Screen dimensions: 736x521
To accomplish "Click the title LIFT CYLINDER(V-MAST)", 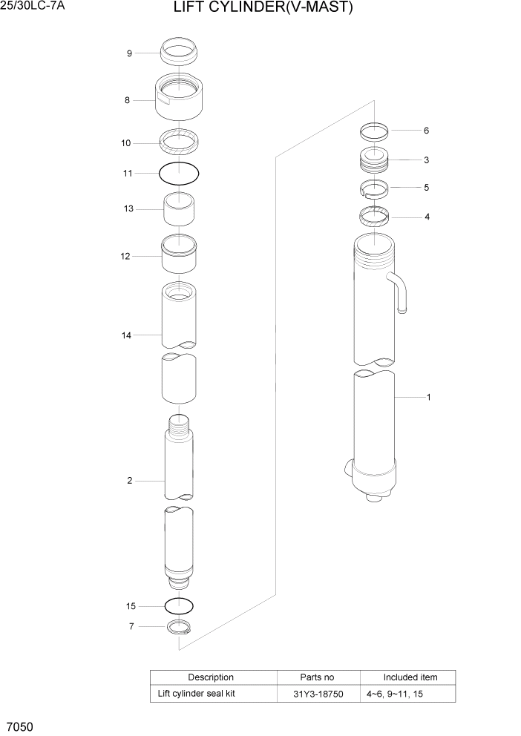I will pos(263,9).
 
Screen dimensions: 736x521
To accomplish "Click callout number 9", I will pos(129,53).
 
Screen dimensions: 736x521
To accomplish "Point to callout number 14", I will pos(126,335).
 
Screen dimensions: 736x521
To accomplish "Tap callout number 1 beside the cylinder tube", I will pos(428,397).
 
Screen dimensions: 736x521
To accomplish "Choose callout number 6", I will pos(426,131).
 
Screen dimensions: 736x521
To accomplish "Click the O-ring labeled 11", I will pos(179,174).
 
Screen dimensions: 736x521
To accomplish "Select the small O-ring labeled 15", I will pos(179,605).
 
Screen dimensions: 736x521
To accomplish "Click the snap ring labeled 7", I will pos(179,627).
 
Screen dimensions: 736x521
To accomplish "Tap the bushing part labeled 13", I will pos(179,209).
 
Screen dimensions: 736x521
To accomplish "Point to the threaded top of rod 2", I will pos(179,428).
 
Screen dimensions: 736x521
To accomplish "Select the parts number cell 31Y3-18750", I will pos(318,694).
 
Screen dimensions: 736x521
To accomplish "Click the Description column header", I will pos(211,677).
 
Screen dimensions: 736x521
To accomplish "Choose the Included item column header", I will pos(410,677).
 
